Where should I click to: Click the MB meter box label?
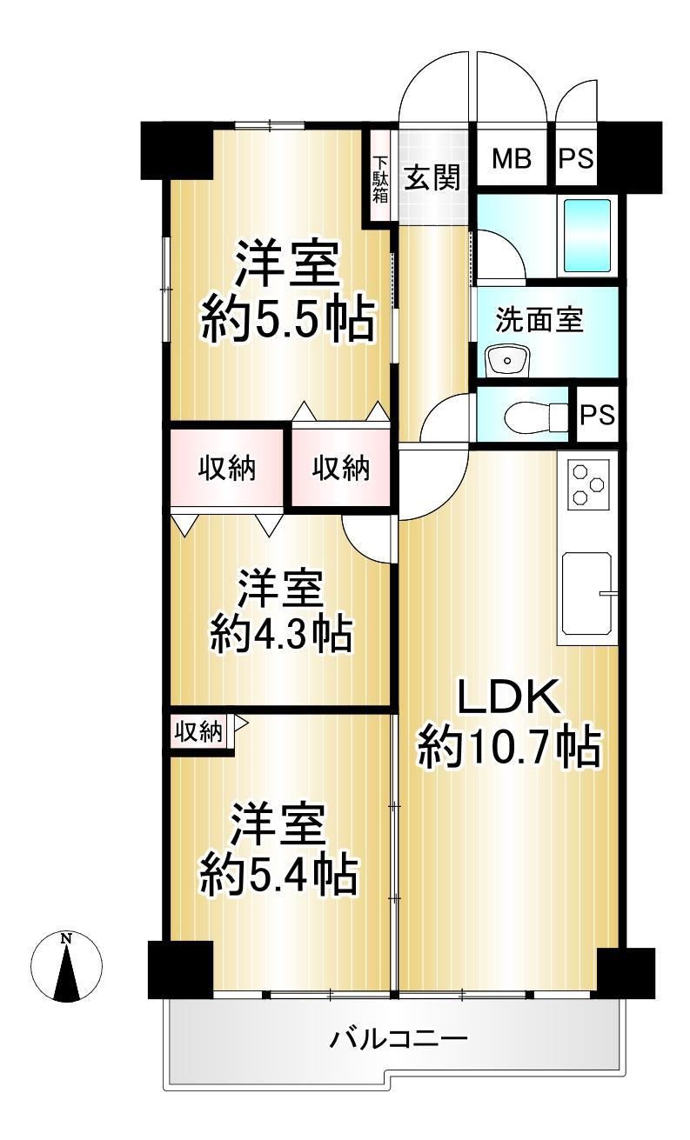(511, 158)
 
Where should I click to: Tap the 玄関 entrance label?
(432, 177)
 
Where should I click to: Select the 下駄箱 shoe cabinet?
(379, 176)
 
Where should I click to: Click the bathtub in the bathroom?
(587, 235)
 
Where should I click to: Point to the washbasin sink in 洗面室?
(507, 360)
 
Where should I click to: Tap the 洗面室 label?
(539, 320)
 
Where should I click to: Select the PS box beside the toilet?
(597, 414)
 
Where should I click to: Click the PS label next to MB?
(576, 159)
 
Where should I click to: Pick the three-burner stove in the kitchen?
(588, 483)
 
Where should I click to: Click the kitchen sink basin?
(586, 593)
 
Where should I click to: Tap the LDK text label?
(509, 697)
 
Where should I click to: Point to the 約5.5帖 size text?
(288, 322)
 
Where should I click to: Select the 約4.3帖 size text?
(281, 634)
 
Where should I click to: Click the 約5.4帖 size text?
(278, 876)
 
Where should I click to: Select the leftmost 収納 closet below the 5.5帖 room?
(226, 468)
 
